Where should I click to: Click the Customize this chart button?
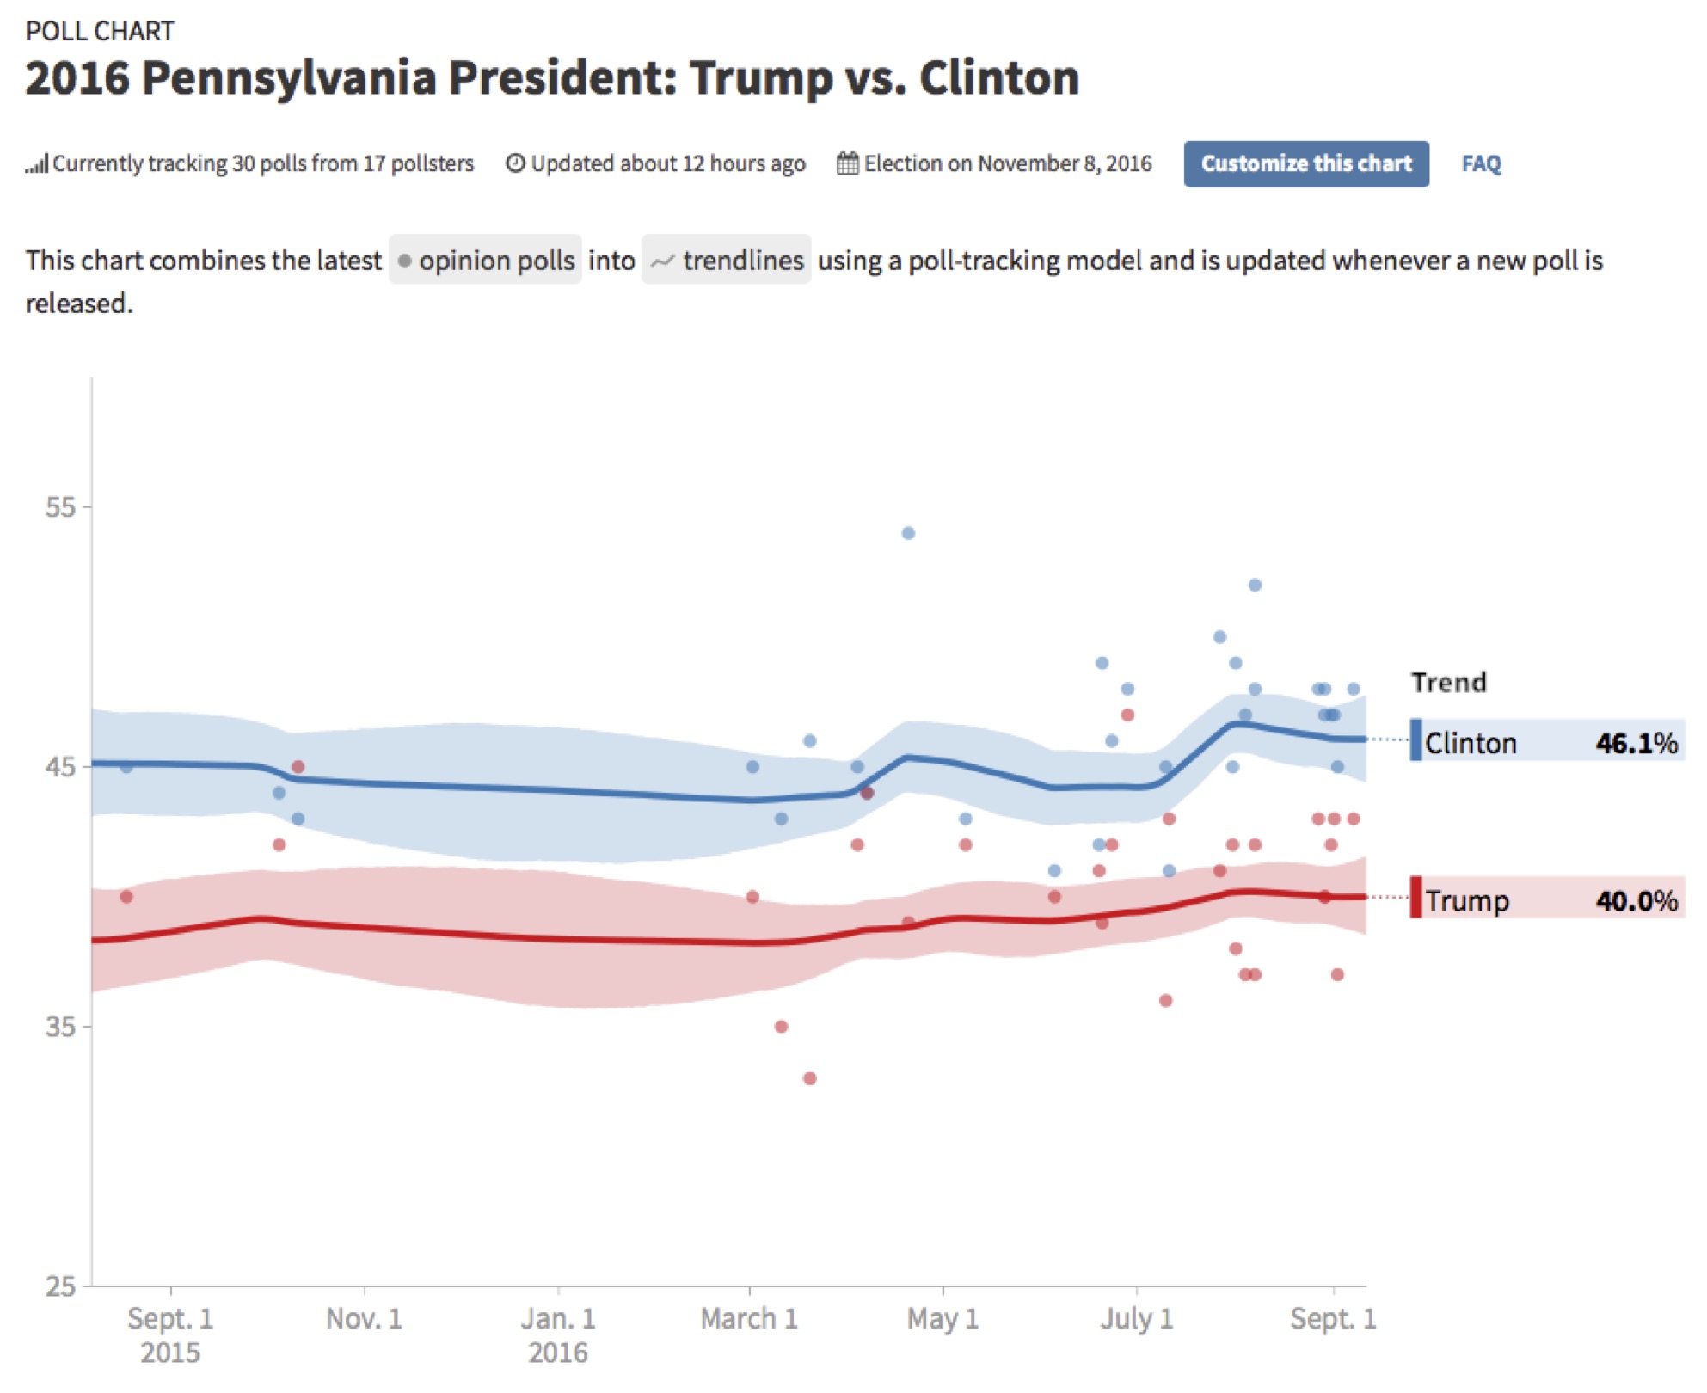[1305, 163]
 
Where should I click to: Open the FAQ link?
[1481, 163]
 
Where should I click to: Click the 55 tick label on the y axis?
[60, 506]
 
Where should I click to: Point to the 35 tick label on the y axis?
[60, 1026]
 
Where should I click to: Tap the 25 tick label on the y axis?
[60, 1286]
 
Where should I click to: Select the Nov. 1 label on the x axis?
[364, 1318]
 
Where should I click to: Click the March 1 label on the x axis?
[749, 1318]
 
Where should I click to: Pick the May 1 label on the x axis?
[943, 1318]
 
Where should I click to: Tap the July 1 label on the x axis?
[1136, 1318]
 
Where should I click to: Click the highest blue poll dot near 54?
[908, 533]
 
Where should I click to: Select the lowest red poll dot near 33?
[809, 1078]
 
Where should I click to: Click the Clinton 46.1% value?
[1636, 743]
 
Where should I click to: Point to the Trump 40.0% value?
[1636, 900]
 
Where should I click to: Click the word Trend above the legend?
[1448, 682]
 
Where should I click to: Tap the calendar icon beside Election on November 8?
[847, 163]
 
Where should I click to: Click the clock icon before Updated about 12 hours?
[514, 163]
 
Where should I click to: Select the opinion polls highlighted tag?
[486, 260]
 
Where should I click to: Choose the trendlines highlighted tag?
[727, 260]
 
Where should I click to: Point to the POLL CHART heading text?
[100, 31]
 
